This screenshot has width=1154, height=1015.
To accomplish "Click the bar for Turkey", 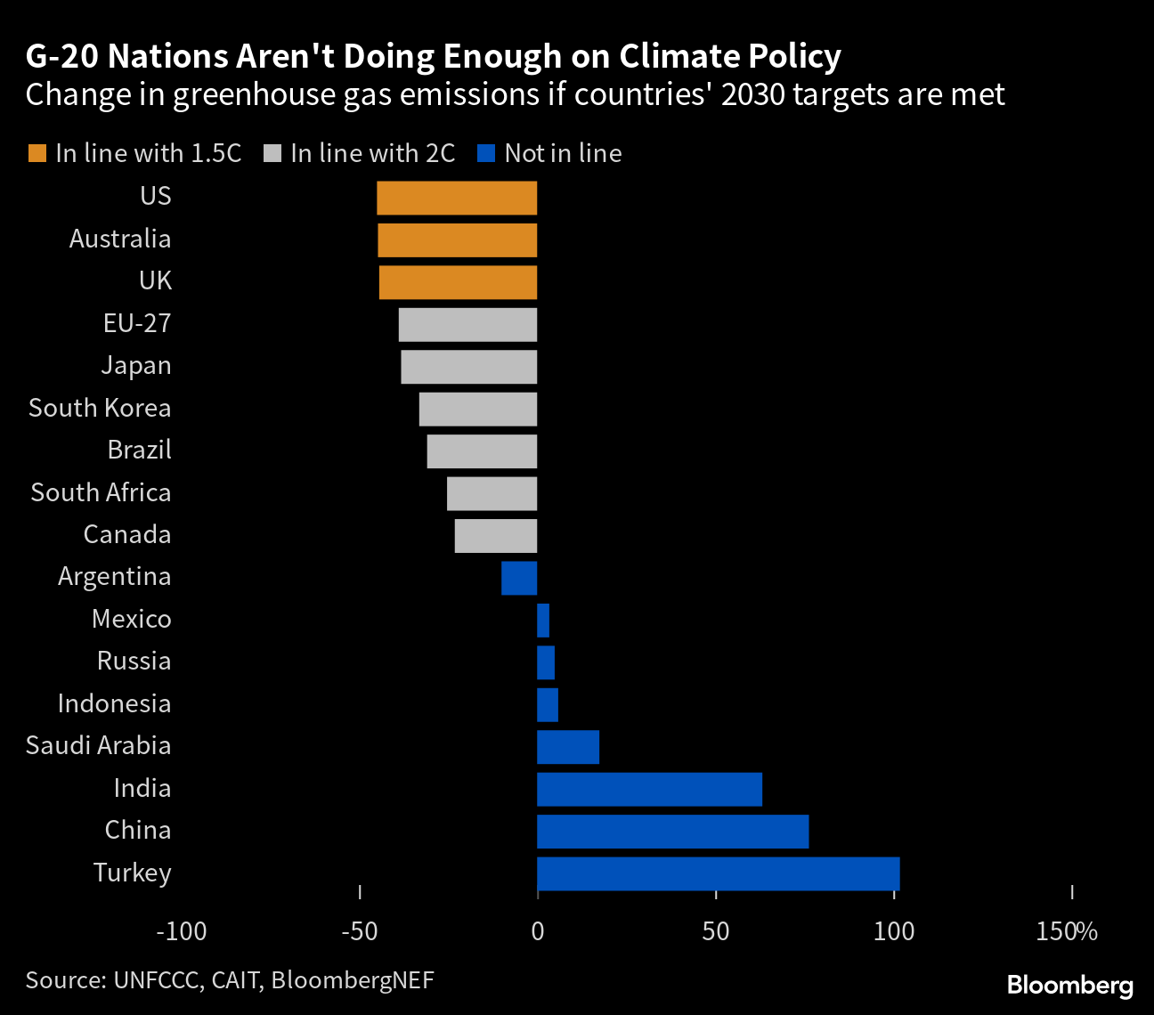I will click(x=718, y=873).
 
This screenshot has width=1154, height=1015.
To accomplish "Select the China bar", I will click(x=672, y=832).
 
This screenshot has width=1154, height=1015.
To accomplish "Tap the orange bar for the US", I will click(x=457, y=198).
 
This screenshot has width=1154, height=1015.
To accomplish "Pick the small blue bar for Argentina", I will click(x=519, y=578).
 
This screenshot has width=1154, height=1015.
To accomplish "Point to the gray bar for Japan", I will click(x=469, y=367).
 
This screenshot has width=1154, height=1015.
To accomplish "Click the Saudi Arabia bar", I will click(x=568, y=747).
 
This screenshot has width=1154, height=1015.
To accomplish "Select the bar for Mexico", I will click(x=543, y=621).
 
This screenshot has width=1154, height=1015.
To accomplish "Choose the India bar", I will click(x=649, y=789).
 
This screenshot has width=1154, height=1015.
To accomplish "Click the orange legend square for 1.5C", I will click(x=37, y=153).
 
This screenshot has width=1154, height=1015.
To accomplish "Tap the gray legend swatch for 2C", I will click(x=272, y=153).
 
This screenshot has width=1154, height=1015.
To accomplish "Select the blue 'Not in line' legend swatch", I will click(x=486, y=153).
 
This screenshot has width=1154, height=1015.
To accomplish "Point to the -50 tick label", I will click(x=359, y=931).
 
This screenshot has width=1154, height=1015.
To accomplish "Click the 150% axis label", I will click(x=1067, y=931).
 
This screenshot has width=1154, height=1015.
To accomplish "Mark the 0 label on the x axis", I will click(x=537, y=931).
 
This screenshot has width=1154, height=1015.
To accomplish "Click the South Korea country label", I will click(x=100, y=408).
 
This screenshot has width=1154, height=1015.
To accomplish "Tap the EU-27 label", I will click(x=137, y=323).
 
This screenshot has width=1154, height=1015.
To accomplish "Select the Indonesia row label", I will click(x=114, y=703).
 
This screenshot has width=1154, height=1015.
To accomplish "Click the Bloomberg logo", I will click(x=1069, y=986).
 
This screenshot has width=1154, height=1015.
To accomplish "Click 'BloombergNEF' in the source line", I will click(x=353, y=980).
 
